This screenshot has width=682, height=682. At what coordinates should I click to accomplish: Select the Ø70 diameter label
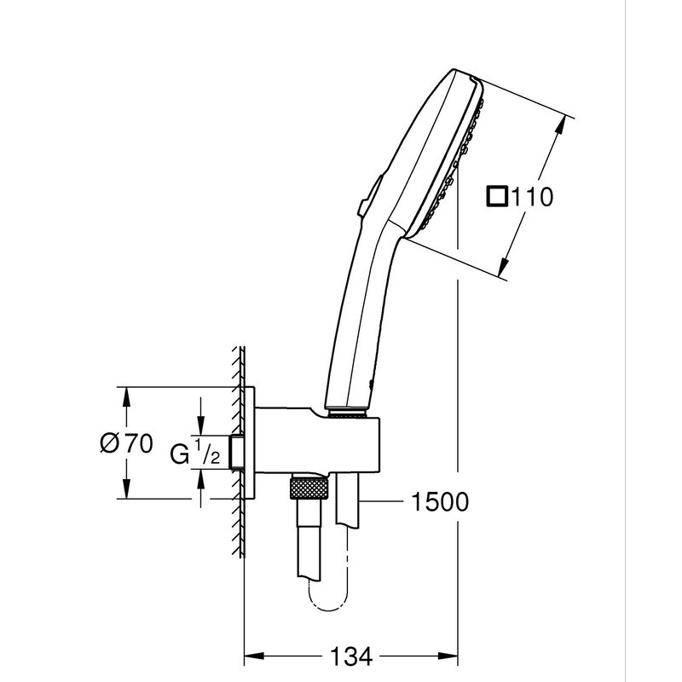tap(125, 443)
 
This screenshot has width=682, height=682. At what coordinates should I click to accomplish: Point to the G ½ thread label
tap(195, 453)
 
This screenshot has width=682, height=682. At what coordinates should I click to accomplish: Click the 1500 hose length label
tap(438, 502)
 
